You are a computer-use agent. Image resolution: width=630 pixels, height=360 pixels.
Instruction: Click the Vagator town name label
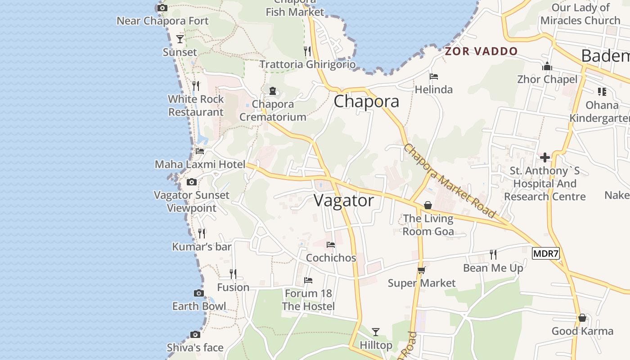coord(344,200)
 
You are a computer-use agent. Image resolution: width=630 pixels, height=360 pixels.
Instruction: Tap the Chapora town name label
coord(366,101)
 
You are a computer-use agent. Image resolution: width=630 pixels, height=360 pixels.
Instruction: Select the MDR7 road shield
coord(545,254)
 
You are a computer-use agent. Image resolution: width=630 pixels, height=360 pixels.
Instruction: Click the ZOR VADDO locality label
coord(481,51)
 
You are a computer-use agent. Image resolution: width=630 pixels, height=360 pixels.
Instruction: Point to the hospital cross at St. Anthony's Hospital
coord(545,157)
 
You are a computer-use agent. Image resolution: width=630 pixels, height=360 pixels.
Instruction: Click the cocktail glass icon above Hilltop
coord(376,332)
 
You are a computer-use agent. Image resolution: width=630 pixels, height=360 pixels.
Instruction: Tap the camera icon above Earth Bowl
coord(199,293)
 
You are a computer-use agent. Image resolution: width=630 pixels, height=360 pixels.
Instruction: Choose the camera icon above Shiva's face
coord(195,334)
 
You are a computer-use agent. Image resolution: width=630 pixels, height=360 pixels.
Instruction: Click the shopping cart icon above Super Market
coord(422,270)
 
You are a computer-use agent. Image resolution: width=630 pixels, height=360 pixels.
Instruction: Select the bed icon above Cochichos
coord(331,245)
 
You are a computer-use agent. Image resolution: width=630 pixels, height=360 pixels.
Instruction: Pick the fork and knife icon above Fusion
coord(233,274)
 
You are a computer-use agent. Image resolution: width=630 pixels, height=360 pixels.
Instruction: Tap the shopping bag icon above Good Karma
coord(582,318)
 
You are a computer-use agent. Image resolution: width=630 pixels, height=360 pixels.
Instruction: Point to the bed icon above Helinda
coord(434,76)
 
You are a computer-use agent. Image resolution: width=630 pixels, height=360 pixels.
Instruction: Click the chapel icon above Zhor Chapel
coord(547,67)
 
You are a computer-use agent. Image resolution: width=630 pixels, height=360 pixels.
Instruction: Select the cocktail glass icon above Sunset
coord(180,39)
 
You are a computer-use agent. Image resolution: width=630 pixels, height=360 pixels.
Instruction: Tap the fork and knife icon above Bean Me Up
coord(493,255)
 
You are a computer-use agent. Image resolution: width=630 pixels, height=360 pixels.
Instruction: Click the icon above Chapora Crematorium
coord(273,91)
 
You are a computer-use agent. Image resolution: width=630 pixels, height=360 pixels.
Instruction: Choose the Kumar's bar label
coord(202,247)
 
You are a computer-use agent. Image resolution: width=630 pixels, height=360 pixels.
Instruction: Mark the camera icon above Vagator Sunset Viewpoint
coord(192,182)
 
